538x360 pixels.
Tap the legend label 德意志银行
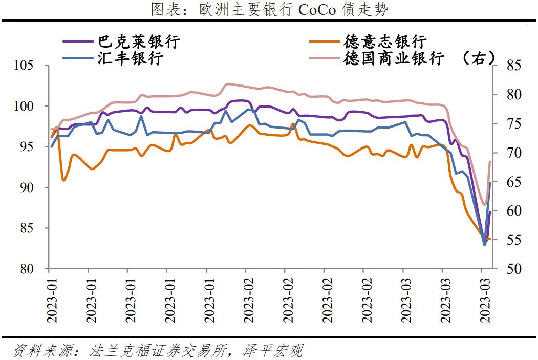point(385,41)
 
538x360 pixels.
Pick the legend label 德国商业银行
point(394,58)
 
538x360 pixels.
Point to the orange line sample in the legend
point(325,41)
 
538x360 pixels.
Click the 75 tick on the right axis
point(513,124)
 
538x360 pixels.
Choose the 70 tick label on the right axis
point(513,153)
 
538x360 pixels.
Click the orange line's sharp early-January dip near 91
point(63,180)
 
